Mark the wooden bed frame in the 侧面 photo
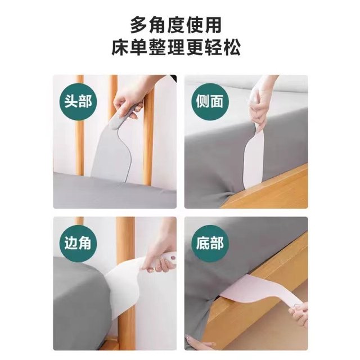[270, 191]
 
